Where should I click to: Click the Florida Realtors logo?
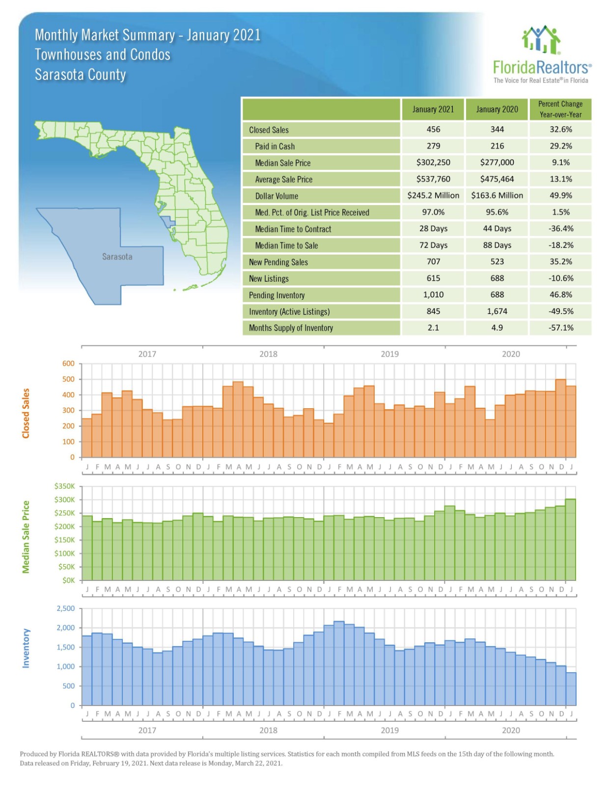tap(542, 54)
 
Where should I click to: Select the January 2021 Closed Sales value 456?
tap(433, 130)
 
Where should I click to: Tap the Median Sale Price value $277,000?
tap(497, 162)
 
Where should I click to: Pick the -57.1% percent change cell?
tap(560, 328)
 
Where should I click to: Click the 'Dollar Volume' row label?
tap(276, 196)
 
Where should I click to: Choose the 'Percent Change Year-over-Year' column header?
tap(560, 109)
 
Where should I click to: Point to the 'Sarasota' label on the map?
tap(117, 257)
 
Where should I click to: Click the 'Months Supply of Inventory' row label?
tap(291, 328)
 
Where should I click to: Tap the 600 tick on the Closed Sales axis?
tap(68, 364)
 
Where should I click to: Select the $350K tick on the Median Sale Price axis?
tap(65, 486)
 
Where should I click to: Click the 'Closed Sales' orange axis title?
tap(26, 413)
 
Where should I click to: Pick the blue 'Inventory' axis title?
tap(26, 648)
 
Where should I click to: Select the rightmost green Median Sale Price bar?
tap(571, 540)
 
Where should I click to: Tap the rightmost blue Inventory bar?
tap(571, 689)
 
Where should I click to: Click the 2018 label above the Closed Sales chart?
tap(268, 354)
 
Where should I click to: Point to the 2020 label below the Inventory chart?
tap(511, 730)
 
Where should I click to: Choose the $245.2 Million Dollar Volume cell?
tap(433, 195)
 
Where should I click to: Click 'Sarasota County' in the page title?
tap(81, 75)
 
